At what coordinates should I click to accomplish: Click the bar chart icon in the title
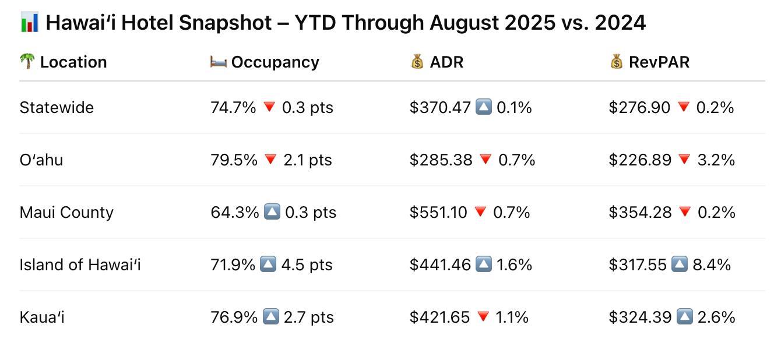pos(29,23)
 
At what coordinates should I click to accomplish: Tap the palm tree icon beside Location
pos(27,62)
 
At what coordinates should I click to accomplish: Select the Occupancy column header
pos(275,62)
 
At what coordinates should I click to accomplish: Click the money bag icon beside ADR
pos(417,62)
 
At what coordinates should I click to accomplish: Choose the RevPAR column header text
pos(659,62)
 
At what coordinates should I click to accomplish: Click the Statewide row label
pos(57,108)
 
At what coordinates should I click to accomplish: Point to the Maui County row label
pos(66,213)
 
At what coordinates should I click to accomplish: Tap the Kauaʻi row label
pos(42,317)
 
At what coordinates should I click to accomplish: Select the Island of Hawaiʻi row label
pos(80,265)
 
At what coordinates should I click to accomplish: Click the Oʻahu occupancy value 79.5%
pos(234,160)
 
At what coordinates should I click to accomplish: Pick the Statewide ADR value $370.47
pos(440,108)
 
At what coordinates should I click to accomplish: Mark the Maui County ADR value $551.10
pos(438,213)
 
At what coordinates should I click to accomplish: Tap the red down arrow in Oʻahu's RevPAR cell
pos(684,160)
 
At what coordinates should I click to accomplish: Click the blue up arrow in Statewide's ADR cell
pos(484,107)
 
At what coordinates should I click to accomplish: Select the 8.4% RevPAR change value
pos(712,265)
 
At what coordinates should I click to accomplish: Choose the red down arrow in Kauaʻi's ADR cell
pos(483,317)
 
